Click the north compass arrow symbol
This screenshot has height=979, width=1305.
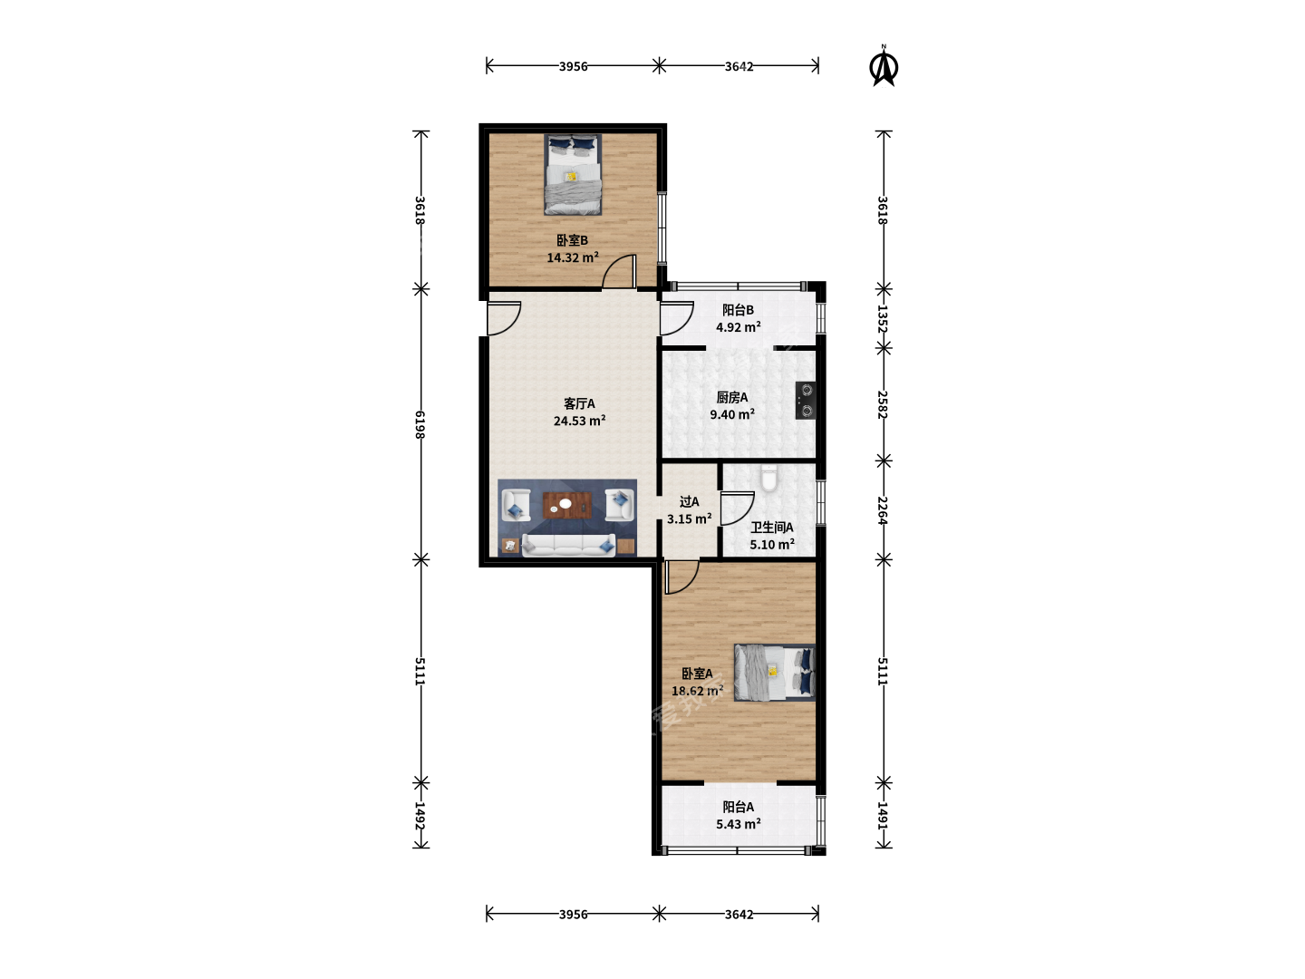coord(884,66)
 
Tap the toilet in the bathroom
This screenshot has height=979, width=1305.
coord(768,479)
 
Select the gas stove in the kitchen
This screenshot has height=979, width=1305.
coord(806,400)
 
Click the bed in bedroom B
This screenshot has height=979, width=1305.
coord(573,174)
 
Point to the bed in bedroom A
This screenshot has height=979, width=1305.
coord(775,673)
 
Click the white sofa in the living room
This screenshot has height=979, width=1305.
coord(568,545)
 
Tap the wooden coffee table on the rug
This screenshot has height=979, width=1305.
coord(567,505)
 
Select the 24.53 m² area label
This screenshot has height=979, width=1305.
coord(580,421)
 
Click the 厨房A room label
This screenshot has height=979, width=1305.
coord(732,397)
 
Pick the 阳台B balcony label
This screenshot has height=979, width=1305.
coord(738,310)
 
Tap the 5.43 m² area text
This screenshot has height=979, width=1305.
coord(739,824)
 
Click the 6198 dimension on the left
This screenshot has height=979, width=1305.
coord(420,424)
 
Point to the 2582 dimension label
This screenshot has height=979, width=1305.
coord(883,404)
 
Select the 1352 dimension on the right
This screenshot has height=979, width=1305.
coord(883,318)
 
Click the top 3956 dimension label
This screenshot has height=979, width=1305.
coord(573,66)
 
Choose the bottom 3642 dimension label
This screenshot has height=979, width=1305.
coord(739,915)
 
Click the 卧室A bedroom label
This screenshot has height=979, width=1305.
coord(697,674)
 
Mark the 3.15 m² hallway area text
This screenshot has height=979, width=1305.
coord(689,519)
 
